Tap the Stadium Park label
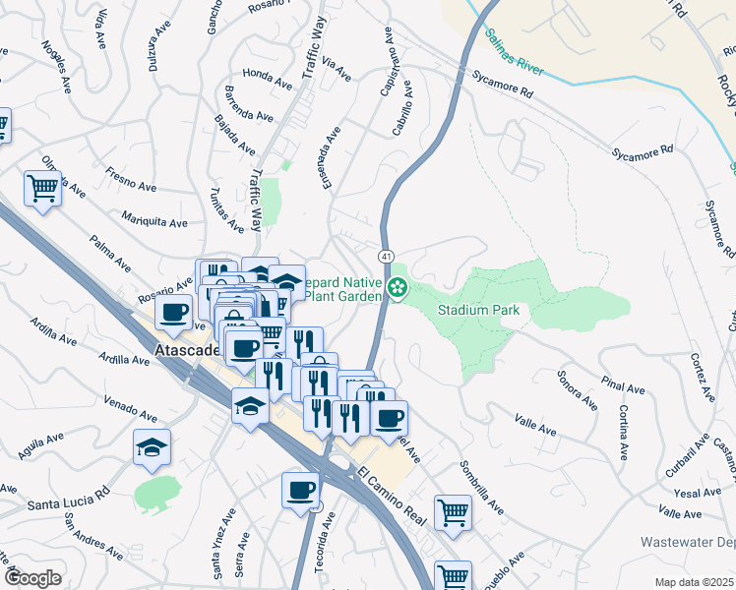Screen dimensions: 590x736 point(483,310)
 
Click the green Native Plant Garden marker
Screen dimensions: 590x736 point(398,288)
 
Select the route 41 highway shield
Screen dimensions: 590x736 point(389,257)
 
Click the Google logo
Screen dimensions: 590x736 point(32,578)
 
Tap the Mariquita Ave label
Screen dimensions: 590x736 point(154,221)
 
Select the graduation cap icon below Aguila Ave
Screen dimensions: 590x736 point(152,448)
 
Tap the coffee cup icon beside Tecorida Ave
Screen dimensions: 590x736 point(301,491)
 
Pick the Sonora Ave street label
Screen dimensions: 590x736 point(577,388)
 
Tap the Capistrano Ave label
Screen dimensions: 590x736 point(388,62)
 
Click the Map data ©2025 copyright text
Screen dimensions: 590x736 point(694,581)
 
